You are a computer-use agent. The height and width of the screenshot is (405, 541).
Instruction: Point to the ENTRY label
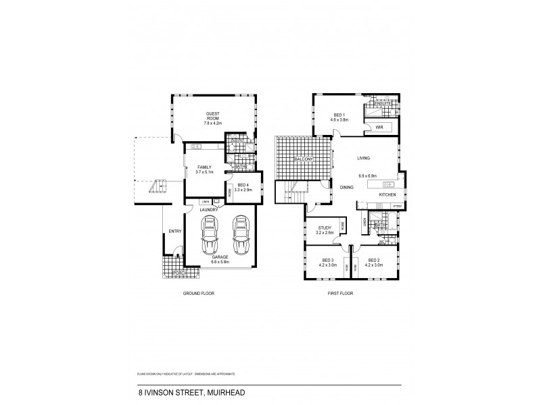(174, 232)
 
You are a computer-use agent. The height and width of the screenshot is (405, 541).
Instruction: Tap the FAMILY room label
(205, 167)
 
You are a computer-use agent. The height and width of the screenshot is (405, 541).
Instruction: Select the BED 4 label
(243, 186)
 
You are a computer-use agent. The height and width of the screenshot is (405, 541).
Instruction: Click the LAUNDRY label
(208, 210)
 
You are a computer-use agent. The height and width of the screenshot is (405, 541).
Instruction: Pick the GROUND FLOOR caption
(199, 294)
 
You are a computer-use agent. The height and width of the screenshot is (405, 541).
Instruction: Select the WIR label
(379, 126)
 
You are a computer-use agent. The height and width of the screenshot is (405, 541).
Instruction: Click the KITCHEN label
(387, 195)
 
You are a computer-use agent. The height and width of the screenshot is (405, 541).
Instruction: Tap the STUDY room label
(325, 228)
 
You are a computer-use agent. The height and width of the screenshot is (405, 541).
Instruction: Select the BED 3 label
(327, 260)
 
